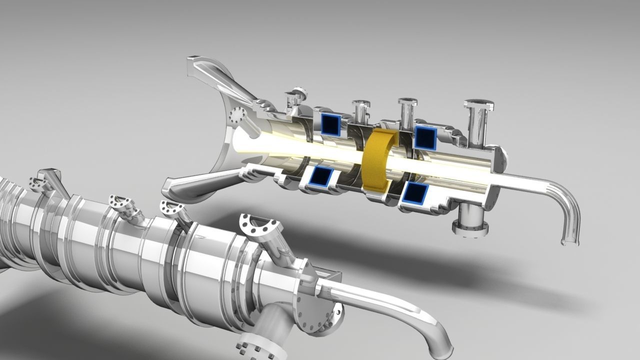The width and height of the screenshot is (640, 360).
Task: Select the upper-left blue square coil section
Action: coord(330,123)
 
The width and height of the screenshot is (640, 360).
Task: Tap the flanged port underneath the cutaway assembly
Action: coord(469,223)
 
